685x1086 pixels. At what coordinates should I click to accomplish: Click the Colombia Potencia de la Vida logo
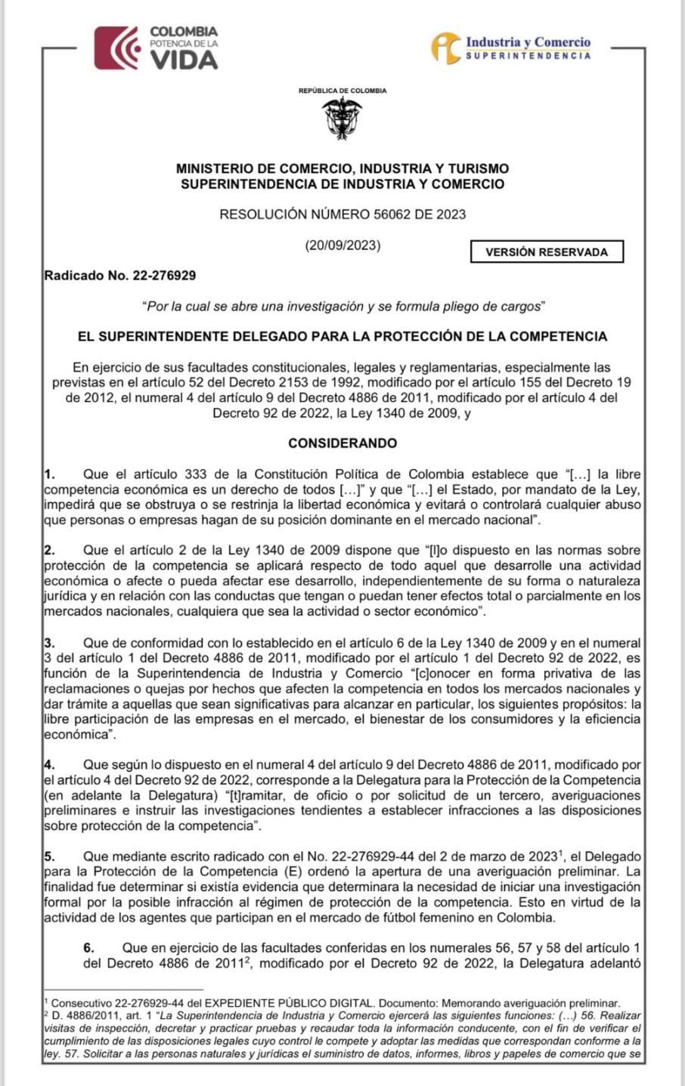click(x=156, y=48)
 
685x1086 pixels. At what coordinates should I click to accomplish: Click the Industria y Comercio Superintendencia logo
click(x=511, y=47)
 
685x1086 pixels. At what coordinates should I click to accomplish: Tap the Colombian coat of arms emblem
click(x=342, y=118)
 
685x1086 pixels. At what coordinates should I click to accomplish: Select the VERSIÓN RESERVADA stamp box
click(x=547, y=252)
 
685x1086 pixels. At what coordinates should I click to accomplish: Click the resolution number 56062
click(x=392, y=214)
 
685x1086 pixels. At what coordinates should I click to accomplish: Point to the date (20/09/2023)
click(x=342, y=245)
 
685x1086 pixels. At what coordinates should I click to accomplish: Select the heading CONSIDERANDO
click(x=342, y=443)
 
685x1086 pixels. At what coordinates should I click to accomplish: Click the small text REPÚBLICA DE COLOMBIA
click(x=342, y=91)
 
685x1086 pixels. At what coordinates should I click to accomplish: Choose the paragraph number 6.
click(x=88, y=948)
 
